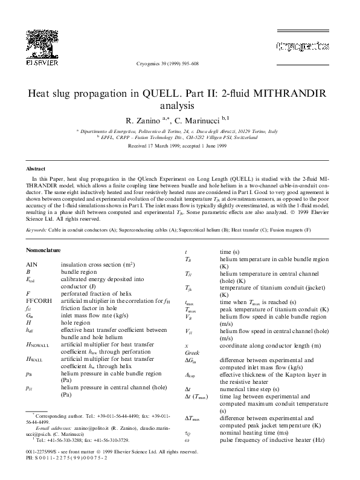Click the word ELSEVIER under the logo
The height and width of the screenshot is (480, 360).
pyautogui.click(x=42, y=62)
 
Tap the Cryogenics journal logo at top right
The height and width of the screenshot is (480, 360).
pyautogui.click(x=300, y=45)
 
